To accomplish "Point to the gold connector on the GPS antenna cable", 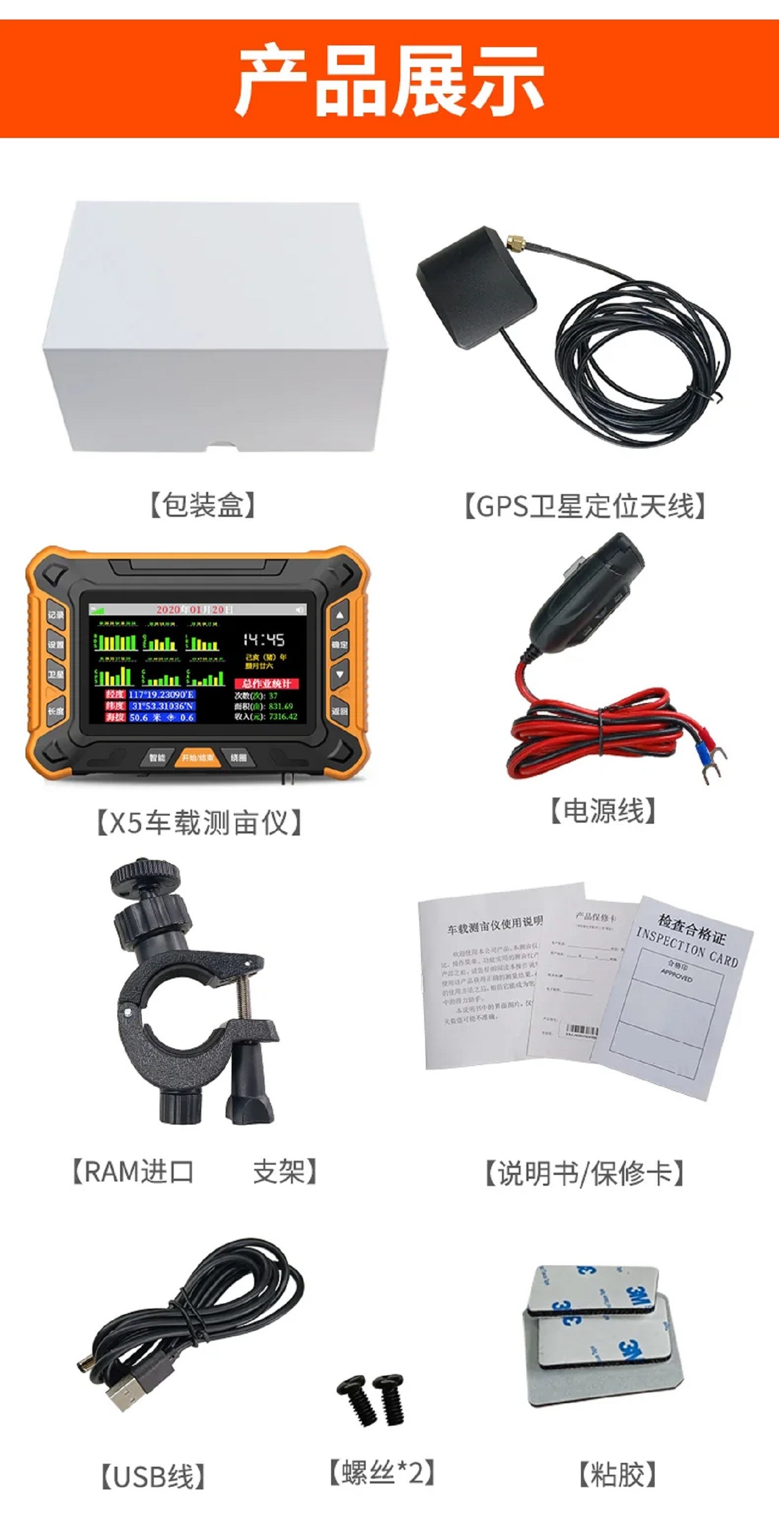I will coord(516,242).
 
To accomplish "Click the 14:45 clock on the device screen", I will coord(263,640).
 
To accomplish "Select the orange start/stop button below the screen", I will coord(198,758).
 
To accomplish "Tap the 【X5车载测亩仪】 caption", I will coord(199,823).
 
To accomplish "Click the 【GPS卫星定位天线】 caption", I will coord(585,507).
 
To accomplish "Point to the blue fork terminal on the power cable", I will coord(703,750).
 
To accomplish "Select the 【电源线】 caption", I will coord(602,811).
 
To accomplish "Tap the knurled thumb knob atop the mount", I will coord(140,874).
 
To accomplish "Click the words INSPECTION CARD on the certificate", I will coord(686,948).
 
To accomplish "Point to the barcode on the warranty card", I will coord(581,1030).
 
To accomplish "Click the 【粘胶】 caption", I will coord(617,1475).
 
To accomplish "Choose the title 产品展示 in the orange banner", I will coord(389,80).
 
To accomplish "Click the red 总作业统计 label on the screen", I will coord(266,684).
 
